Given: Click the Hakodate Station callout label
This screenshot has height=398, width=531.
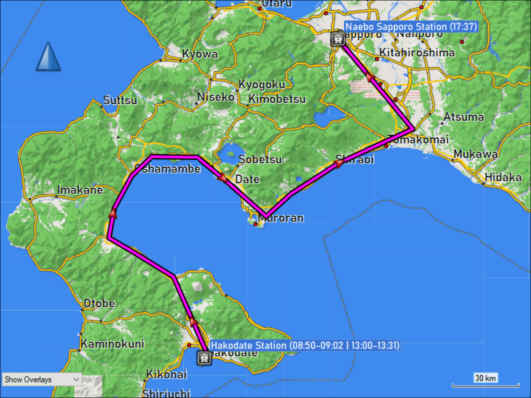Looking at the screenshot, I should tap(305, 345).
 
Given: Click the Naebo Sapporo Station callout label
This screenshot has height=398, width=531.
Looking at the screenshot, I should tap(411, 27).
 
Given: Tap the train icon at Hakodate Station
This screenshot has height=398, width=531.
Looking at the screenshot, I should tap(204, 358).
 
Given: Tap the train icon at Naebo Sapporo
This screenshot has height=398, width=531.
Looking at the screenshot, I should tap(338, 39).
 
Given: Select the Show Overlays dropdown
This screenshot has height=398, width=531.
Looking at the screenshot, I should tap(42, 379).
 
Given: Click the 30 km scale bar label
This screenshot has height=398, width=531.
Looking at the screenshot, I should tap(485, 378).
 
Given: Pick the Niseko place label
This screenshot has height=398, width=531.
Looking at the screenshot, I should tap(216, 97).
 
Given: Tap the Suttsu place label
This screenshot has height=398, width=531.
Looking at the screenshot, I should tap(120, 100).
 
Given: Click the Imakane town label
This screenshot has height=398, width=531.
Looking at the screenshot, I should tap(80, 190).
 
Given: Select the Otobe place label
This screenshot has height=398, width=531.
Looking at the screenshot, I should tap(100, 303).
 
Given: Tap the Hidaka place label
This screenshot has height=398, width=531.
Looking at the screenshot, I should tap(503, 177).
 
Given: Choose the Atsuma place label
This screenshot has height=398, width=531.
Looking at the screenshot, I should tap(464, 118).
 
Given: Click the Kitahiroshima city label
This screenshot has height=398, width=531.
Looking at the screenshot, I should tap(417, 53).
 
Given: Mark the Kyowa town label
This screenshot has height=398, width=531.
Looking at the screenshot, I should tap(200, 54).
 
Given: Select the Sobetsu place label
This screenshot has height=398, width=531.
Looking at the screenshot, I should tap(260, 159).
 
